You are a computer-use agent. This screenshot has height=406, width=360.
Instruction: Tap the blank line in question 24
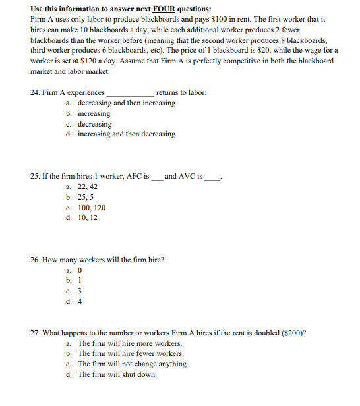[130, 94]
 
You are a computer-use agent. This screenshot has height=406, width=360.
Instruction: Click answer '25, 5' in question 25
[86, 197]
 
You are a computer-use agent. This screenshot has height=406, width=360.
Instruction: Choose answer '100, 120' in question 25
[92, 208]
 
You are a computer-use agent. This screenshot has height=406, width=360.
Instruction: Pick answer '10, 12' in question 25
[88, 217]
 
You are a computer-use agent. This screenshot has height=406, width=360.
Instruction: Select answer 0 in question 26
[80, 270]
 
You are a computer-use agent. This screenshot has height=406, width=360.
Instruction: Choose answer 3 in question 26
[80, 291]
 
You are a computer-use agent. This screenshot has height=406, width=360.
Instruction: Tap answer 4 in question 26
[80, 301]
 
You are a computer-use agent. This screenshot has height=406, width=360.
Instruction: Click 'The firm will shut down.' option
[117, 374]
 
